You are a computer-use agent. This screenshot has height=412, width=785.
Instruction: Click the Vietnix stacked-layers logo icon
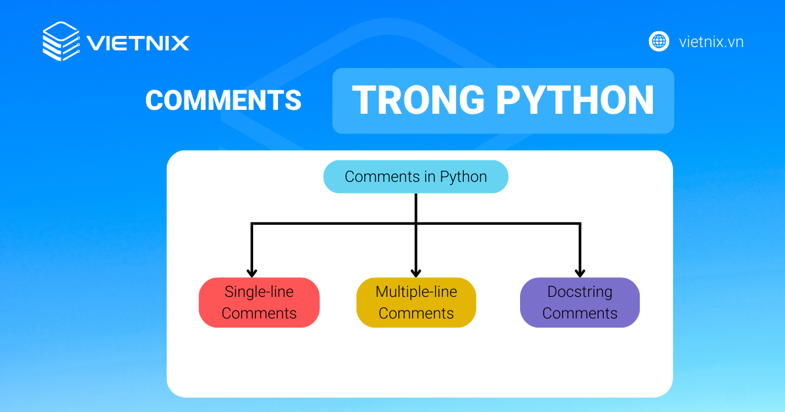click(x=61, y=41)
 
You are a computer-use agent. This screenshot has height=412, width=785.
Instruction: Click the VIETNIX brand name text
click(x=138, y=43)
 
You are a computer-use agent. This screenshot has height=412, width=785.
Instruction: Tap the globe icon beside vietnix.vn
click(x=659, y=42)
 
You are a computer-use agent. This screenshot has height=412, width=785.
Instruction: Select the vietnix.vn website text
click(x=711, y=42)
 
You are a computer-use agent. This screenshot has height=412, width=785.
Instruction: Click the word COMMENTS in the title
click(x=223, y=100)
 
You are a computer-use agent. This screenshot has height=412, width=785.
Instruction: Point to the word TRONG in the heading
click(x=419, y=100)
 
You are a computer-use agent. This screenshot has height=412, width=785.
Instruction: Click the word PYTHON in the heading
click(x=575, y=100)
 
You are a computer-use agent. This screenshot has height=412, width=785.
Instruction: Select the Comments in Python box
click(x=415, y=177)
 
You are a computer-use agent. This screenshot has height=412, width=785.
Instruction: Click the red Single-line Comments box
click(x=259, y=302)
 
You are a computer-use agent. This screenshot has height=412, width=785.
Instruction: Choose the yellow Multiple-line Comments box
click(x=416, y=302)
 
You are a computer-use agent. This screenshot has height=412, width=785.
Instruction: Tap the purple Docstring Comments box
click(x=580, y=302)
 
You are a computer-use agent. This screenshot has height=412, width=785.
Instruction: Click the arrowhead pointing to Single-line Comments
click(x=252, y=273)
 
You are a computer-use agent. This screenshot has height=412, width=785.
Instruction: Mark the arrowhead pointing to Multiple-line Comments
click(x=416, y=273)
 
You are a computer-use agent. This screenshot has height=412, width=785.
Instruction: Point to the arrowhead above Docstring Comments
click(x=580, y=273)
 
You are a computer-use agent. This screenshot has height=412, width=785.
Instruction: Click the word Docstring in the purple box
click(x=580, y=292)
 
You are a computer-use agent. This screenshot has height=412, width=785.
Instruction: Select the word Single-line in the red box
click(x=259, y=292)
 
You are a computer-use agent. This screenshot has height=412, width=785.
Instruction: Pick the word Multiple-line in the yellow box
click(x=416, y=292)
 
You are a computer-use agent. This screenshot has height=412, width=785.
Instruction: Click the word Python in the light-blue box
click(x=463, y=177)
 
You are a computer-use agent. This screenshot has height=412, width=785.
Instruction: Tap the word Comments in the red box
click(x=259, y=313)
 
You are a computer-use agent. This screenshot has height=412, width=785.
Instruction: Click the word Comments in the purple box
click(x=580, y=313)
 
